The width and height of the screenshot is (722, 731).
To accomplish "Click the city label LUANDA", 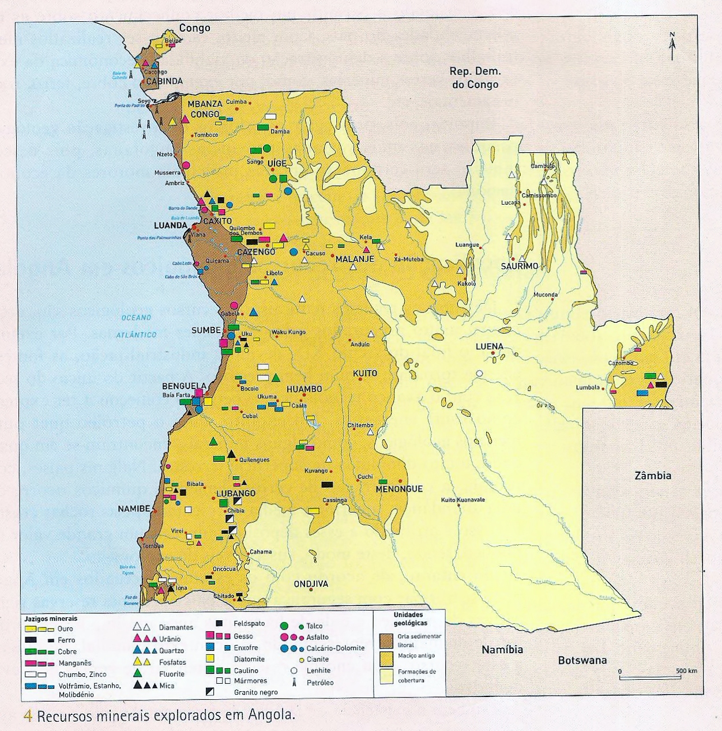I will pos(171,225).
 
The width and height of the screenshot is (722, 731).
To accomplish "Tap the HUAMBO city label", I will pos(304,389).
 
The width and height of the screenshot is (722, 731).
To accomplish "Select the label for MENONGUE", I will pos(399,489).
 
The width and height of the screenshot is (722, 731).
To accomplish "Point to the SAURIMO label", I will pos(519,266).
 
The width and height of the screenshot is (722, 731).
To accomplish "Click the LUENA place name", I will pos(490,346).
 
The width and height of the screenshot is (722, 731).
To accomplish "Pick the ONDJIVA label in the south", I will pos(311,584).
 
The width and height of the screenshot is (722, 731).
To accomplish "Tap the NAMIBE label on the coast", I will pos(134,509).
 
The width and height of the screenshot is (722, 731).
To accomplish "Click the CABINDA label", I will pos(164,81).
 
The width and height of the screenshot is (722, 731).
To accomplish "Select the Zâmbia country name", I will pos(653,476).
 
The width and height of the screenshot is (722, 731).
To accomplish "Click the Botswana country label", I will pos(582,661).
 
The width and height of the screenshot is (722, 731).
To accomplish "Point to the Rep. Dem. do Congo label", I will pos(475,78).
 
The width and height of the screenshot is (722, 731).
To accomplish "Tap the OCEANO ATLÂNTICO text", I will pos(136,326).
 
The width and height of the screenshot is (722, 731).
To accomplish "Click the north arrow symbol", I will pos(672,47).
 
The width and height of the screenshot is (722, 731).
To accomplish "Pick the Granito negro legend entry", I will pos(255,692).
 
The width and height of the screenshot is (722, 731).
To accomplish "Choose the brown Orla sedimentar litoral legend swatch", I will pos(387,640).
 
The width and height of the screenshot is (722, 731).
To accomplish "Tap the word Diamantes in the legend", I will pos(176,627).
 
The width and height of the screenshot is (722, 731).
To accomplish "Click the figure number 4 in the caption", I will pos(27,716).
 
